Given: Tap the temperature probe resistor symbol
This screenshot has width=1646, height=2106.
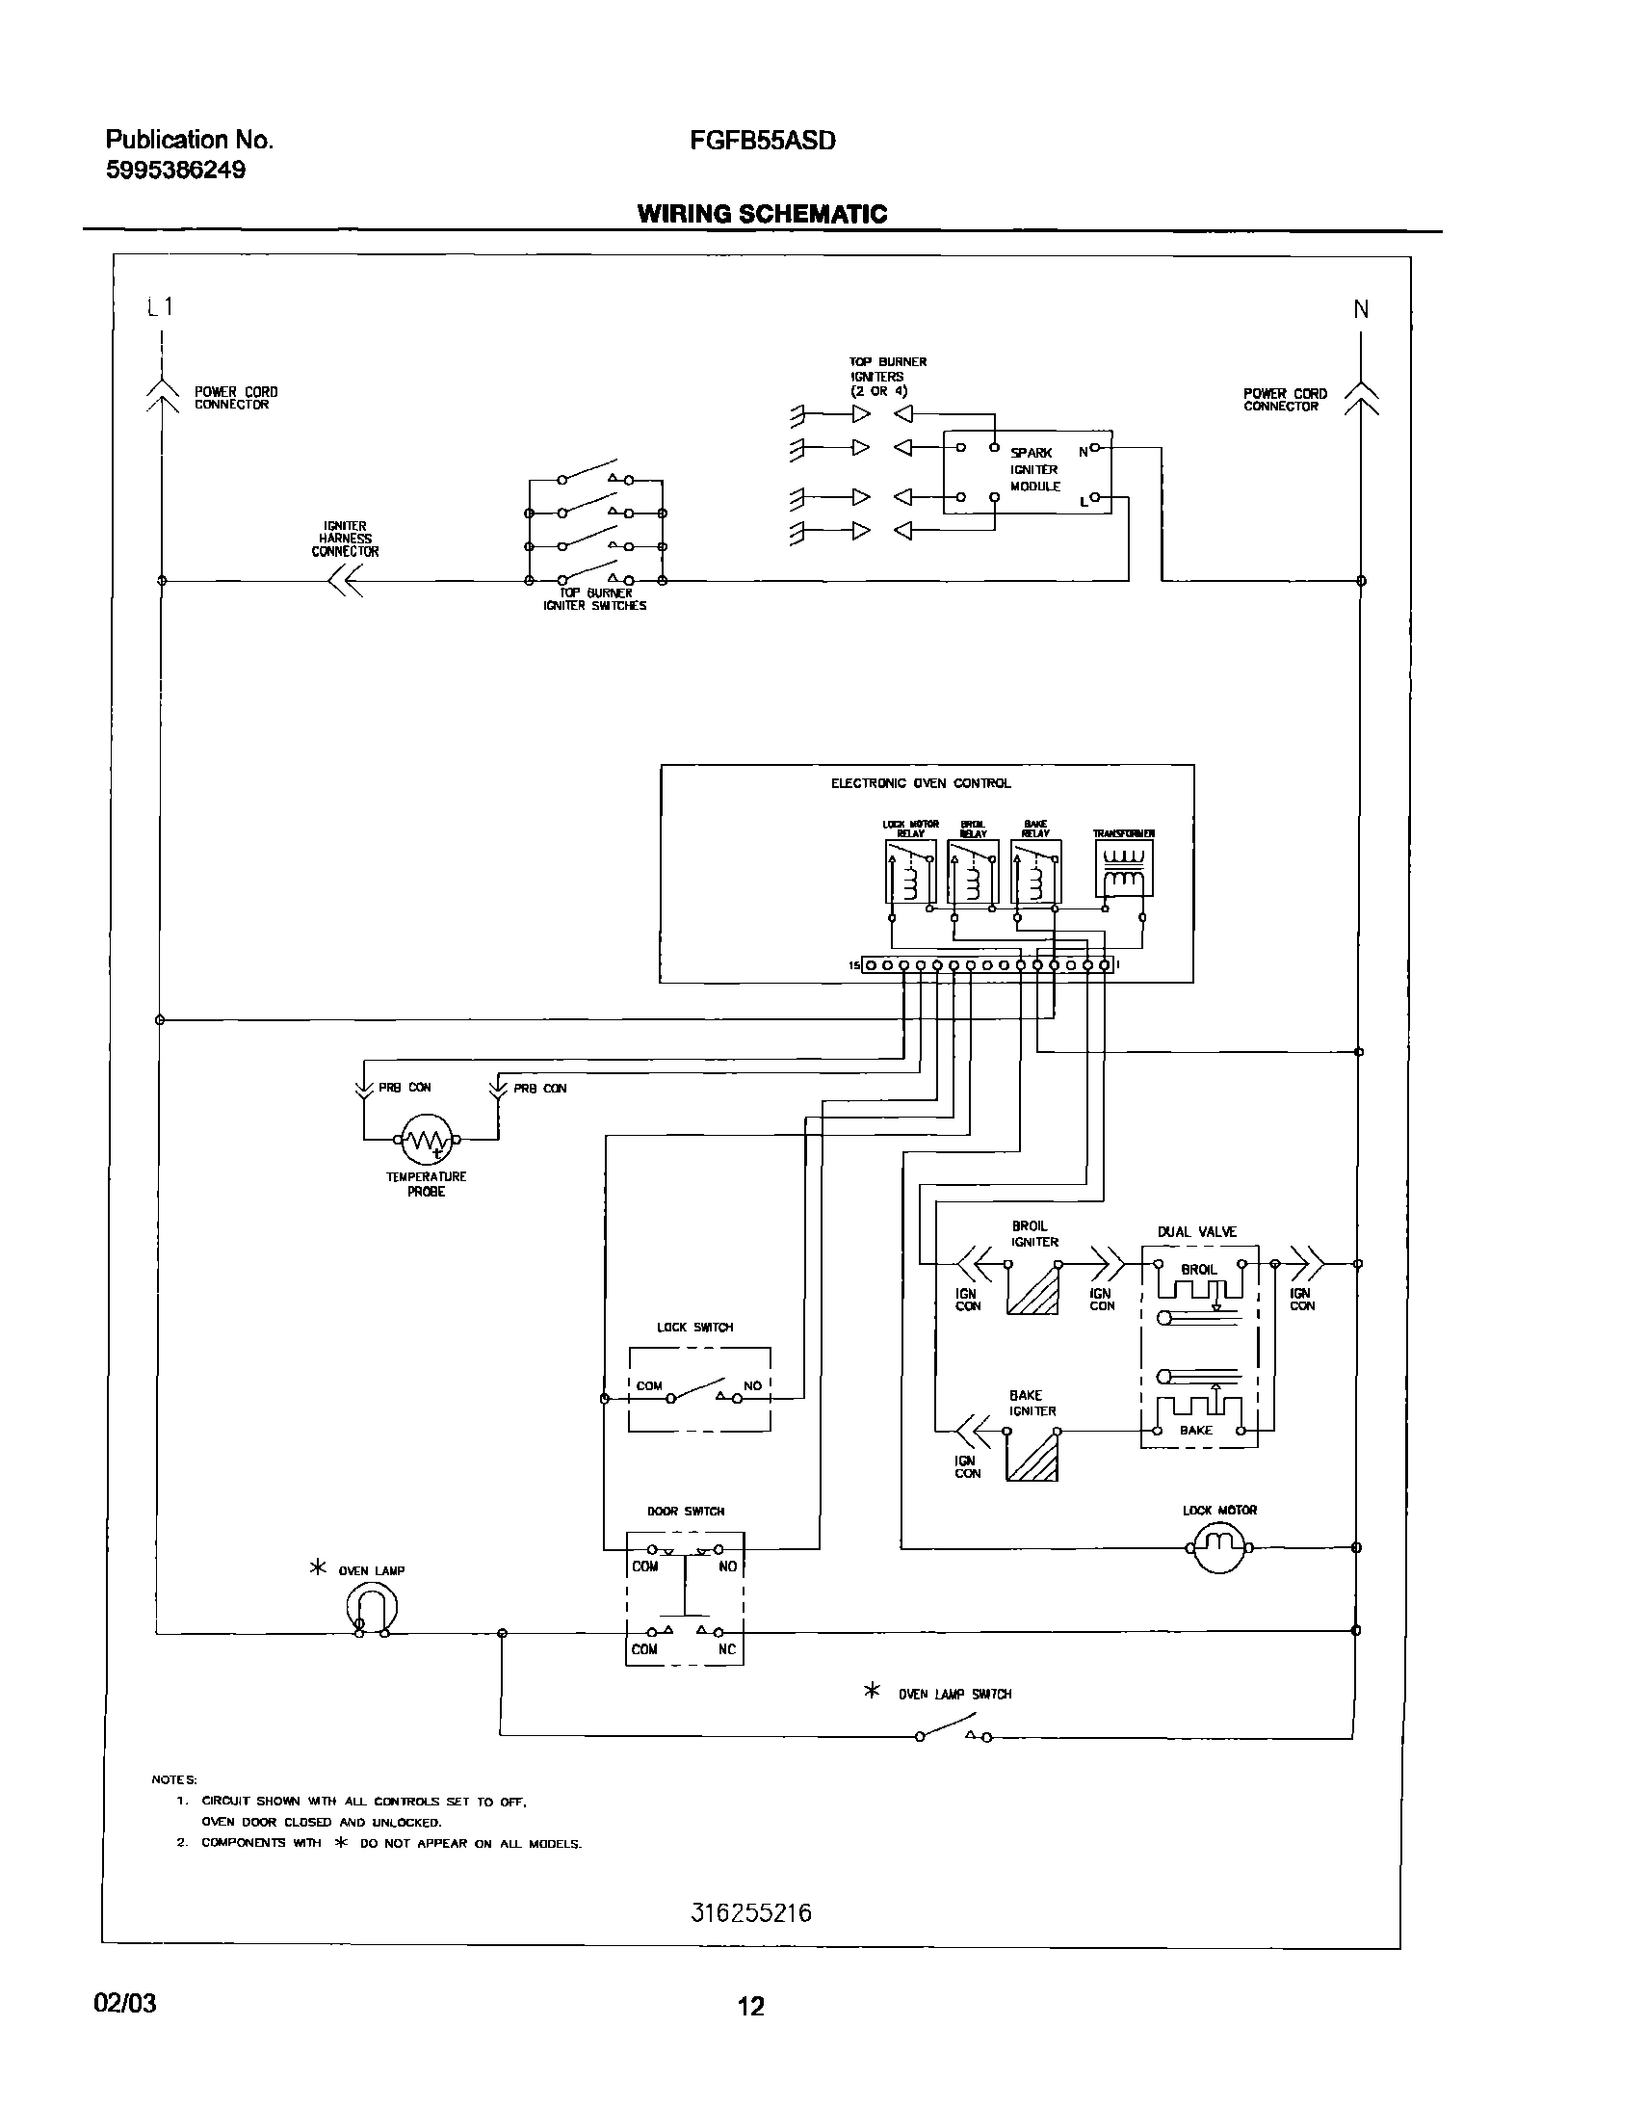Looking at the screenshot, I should click(426, 1140).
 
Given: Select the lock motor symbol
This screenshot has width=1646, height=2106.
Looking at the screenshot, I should click(1219, 1547).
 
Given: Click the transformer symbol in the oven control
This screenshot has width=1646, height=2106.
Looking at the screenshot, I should click(1123, 868).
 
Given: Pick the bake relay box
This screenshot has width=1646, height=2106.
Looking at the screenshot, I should click(1035, 871).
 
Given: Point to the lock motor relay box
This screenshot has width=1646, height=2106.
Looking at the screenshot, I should click(910, 871).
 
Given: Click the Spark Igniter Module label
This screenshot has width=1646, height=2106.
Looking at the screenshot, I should click(1034, 469).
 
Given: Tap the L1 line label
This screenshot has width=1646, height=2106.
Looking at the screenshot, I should click(160, 306).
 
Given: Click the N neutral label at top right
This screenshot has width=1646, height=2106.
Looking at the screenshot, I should click(1361, 309).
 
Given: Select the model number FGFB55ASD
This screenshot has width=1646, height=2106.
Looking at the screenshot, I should click(762, 141).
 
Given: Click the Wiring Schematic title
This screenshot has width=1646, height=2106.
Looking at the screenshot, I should click(762, 214).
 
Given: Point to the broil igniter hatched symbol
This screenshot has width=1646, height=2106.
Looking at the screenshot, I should click(1032, 1289).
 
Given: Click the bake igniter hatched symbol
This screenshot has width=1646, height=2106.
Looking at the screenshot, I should click(1032, 1457).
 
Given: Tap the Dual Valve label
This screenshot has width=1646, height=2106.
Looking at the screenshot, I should click(1196, 1232).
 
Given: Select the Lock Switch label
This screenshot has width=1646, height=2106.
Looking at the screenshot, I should click(694, 1328).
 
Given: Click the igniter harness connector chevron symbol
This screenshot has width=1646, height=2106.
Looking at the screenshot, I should click(344, 581).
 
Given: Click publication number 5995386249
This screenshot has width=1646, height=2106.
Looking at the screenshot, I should click(175, 171).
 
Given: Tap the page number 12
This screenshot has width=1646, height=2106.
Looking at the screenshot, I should click(750, 2007).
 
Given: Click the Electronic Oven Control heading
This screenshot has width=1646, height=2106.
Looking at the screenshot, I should click(921, 783).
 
